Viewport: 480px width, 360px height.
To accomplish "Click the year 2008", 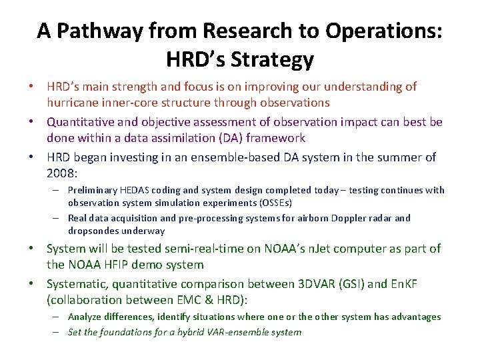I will tap(61, 173).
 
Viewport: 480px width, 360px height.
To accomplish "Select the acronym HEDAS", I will tap(139, 190).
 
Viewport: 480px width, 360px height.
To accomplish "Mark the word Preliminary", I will tap(94, 190).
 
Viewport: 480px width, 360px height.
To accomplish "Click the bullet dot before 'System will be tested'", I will tap(38, 249).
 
